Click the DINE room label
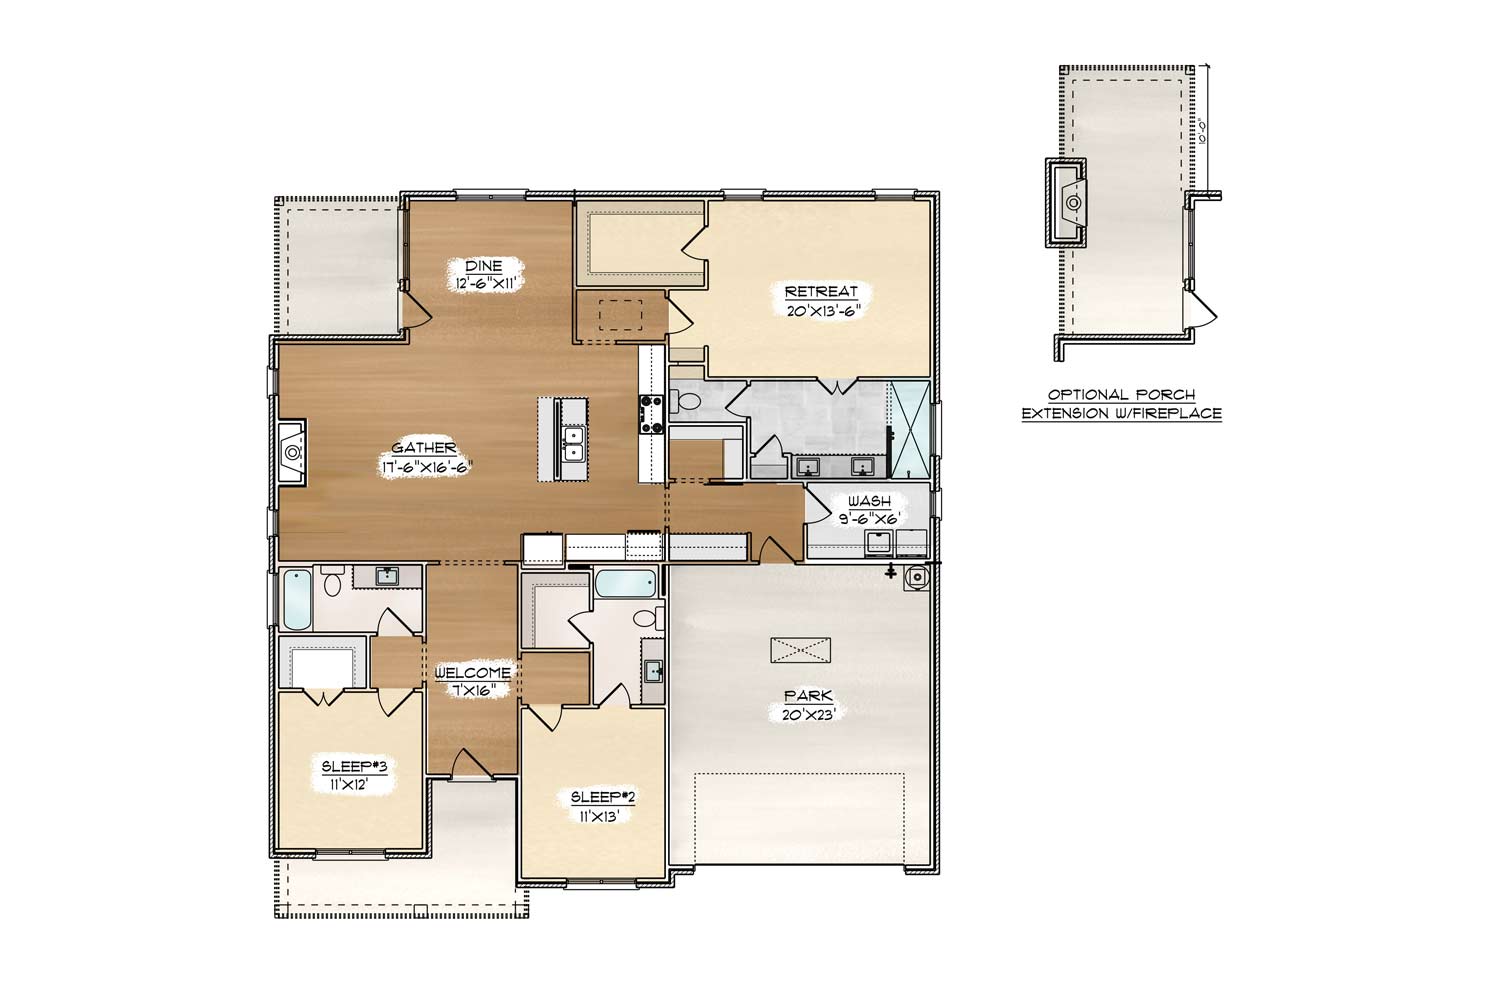(x=483, y=266)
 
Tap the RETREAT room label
(x=821, y=291)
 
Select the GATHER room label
(x=424, y=448)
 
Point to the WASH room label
(x=869, y=501)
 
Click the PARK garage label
(x=809, y=696)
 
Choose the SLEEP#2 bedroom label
(x=603, y=797)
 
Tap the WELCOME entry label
(x=473, y=673)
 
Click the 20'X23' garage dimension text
(x=809, y=714)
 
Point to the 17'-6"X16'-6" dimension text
(x=425, y=467)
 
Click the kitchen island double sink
(x=574, y=444)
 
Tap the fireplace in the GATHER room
(x=292, y=453)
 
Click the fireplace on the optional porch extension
(x=1068, y=202)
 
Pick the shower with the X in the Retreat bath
(x=909, y=430)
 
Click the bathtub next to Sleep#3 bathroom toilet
(x=297, y=599)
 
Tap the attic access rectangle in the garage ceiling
(x=800, y=649)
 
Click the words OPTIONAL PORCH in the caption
(x=1122, y=395)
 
